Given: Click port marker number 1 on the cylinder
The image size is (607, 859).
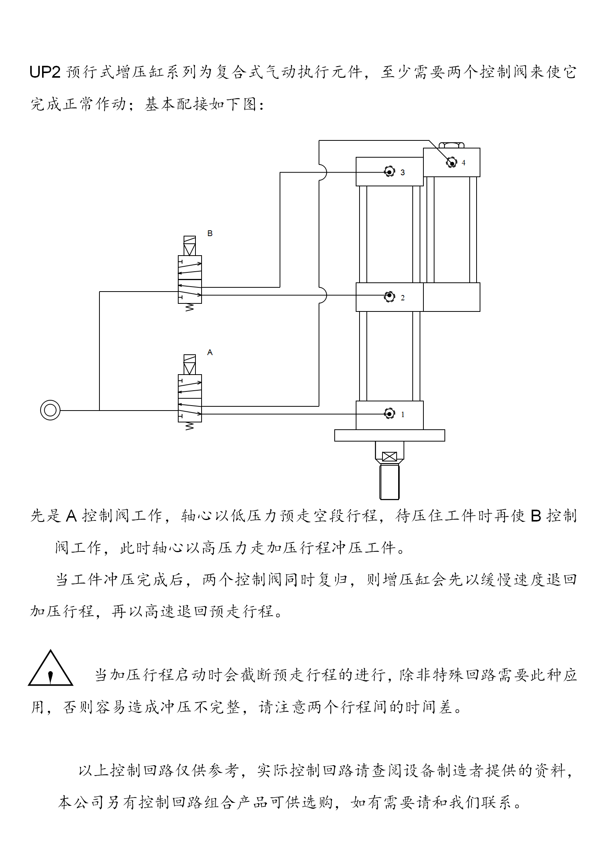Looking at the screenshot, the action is (389, 414).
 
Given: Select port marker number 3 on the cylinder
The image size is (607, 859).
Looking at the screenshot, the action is (389, 172).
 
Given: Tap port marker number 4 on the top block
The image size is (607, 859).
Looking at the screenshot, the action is (452, 163).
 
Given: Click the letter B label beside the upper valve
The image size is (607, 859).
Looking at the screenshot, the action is (210, 233).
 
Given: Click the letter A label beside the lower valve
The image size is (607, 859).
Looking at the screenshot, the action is (210, 352).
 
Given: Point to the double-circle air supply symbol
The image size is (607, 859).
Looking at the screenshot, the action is (50, 410).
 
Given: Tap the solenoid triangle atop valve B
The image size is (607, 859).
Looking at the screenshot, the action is (190, 249).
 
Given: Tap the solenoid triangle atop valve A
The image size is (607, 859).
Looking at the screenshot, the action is (190, 368).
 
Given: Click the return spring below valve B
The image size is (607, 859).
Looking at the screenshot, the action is (190, 307).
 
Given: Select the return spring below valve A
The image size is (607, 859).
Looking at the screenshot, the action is (190, 426).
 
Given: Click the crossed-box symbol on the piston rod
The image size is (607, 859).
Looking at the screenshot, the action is (389, 456).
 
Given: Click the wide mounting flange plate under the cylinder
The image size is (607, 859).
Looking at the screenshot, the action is (389, 435).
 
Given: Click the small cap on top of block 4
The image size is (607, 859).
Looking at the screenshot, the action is (452, 145).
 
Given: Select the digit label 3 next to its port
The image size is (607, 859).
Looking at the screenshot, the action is (402, 173).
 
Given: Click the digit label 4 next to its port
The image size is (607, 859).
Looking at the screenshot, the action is (464, 163).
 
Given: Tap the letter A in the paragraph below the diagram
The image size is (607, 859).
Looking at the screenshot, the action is (72, 516).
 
